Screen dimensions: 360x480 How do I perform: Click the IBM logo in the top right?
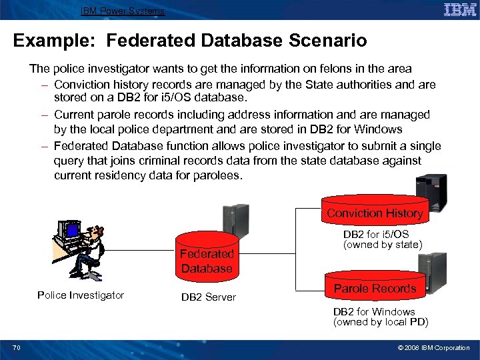click(459, 9)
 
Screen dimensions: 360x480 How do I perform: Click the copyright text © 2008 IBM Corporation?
click(433, 347)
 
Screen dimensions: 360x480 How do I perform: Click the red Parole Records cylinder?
click(375, 285)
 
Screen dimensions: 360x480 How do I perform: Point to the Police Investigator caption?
click(81, 295)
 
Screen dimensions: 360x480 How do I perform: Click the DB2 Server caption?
click(209, 297)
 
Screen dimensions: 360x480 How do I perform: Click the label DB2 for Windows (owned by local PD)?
click(380, 317)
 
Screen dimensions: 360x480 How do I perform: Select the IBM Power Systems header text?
click(122, 11)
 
